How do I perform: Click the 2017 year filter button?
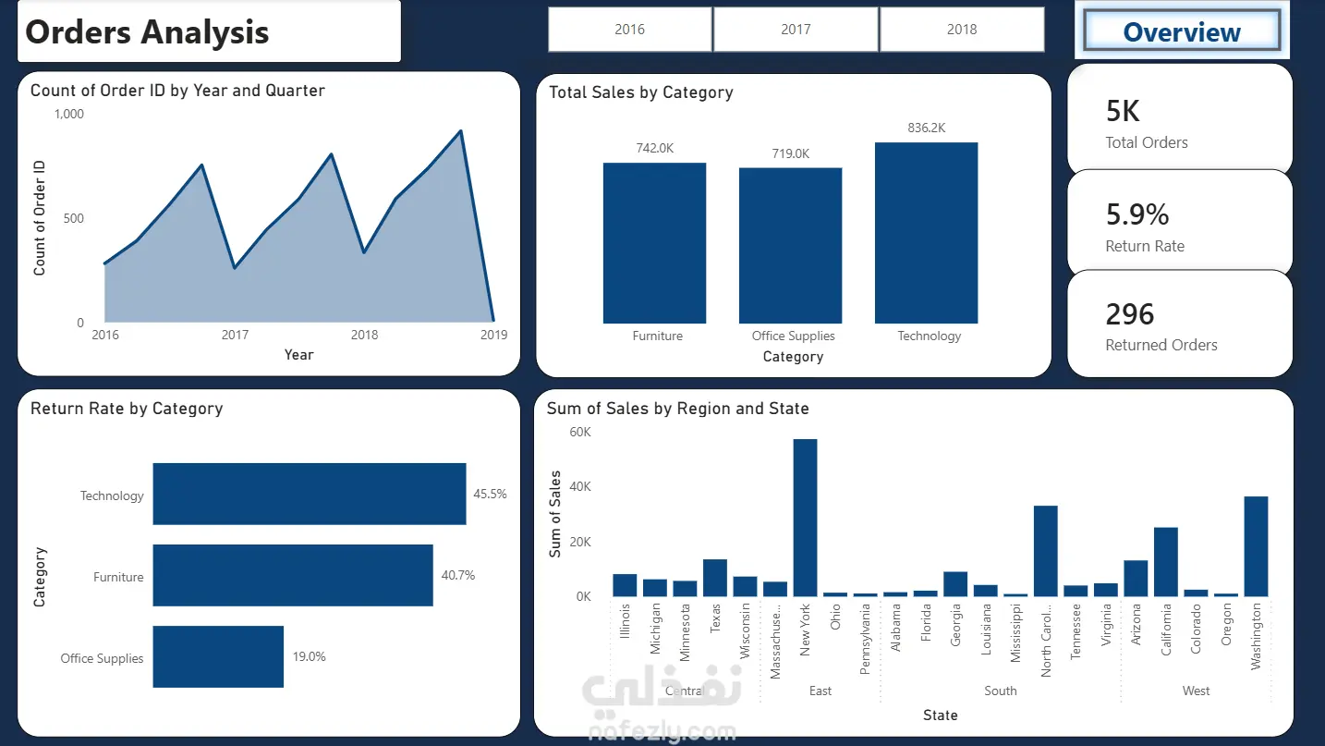click(x=796, y=30)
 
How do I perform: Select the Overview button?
click(x=1182, y=31)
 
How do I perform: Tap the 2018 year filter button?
click(x=962, y=30)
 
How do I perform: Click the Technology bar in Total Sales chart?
click(x=927, y=233)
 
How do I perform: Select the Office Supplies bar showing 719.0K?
click(x=790, y=246)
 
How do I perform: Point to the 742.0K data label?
click(x=655, y=148)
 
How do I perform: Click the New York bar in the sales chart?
click(x=805, y=518)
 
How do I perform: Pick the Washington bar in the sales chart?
click(x=1256, y=546)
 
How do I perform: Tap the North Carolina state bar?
click(x=1046, y=551)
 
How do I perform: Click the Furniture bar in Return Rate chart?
click(x=293, y=576)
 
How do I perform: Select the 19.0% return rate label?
click(x=309, y=656)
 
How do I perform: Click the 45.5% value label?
click(x=490, y=494)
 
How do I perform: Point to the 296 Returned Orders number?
click(x=1130, y=314)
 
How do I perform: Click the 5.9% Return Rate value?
click(x=1137, y=214)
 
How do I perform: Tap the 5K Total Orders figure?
click(x=1123, y=111)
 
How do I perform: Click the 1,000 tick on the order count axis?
click(x=69, y=115)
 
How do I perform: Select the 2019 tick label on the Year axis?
click(x=494, y=335)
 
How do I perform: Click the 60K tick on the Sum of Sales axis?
click(x=579, y=432)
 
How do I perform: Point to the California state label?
click(x=1166, y=630)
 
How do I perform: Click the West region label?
click(x=1196, y=691)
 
